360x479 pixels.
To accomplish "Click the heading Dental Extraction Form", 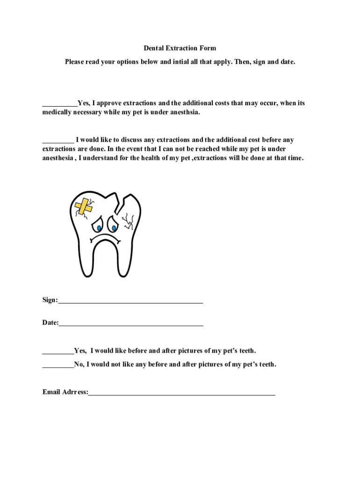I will click(x=180, y=48).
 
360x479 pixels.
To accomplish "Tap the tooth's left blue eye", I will click(x=99, y=227).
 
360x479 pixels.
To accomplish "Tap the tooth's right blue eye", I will click(x=113, y=227).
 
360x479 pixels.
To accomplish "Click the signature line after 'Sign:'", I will click(x=131, y=302).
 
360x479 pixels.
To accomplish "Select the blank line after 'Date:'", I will click(x=131, y=324).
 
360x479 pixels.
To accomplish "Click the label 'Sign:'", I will click(x=50, y=300).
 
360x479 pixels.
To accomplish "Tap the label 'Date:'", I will click(x=50, y=322).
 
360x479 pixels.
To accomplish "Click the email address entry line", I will click(x=182, y=394).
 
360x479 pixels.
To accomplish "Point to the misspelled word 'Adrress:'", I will click(x=75, y=392).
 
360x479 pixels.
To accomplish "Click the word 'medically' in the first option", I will click(x=57, y=113).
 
